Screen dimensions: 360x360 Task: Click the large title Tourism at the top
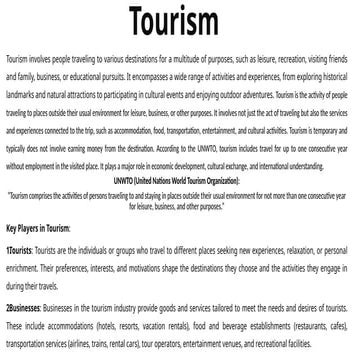click(180, 23)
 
